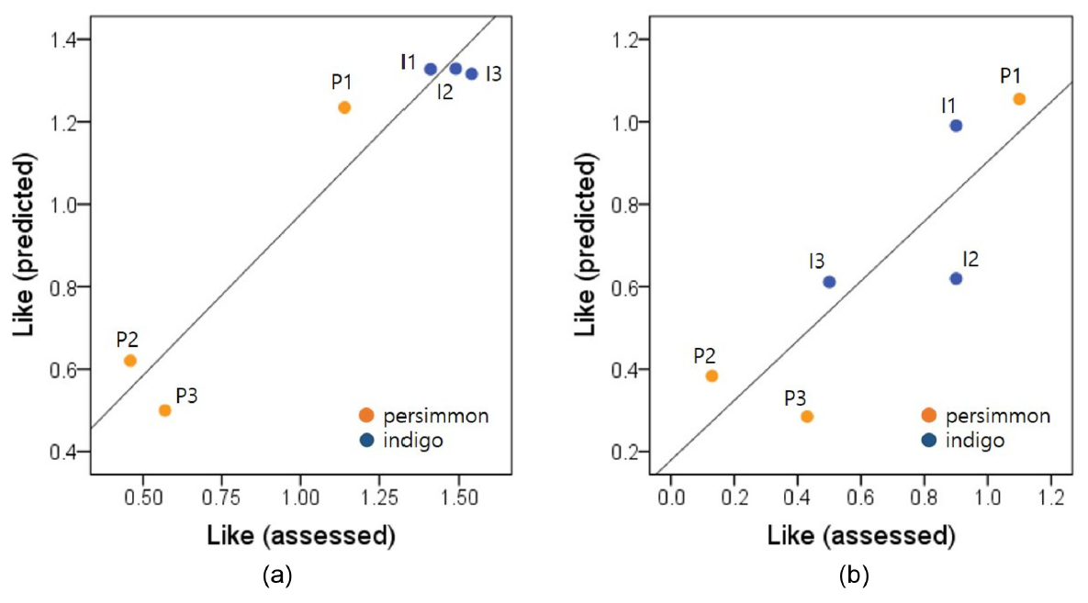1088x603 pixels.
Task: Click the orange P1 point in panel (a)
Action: click(344, 107)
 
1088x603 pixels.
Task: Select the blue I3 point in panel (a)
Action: click(472, 73)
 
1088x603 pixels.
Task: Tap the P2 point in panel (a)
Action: click(130, 360)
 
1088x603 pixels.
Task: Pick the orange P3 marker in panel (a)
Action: click(165, 410)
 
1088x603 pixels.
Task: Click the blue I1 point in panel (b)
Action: click(956, 126)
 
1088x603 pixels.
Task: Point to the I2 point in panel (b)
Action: click(956, 278)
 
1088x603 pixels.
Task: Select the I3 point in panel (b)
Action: click(829, 282)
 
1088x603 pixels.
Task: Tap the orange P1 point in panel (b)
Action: click(1019, 98)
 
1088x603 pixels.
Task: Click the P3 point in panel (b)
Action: click(807, 416)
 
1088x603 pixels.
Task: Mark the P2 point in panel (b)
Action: click(712, 375)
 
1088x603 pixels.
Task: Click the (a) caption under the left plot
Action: click(277, 576)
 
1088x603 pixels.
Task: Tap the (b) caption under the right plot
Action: click(855, 576)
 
